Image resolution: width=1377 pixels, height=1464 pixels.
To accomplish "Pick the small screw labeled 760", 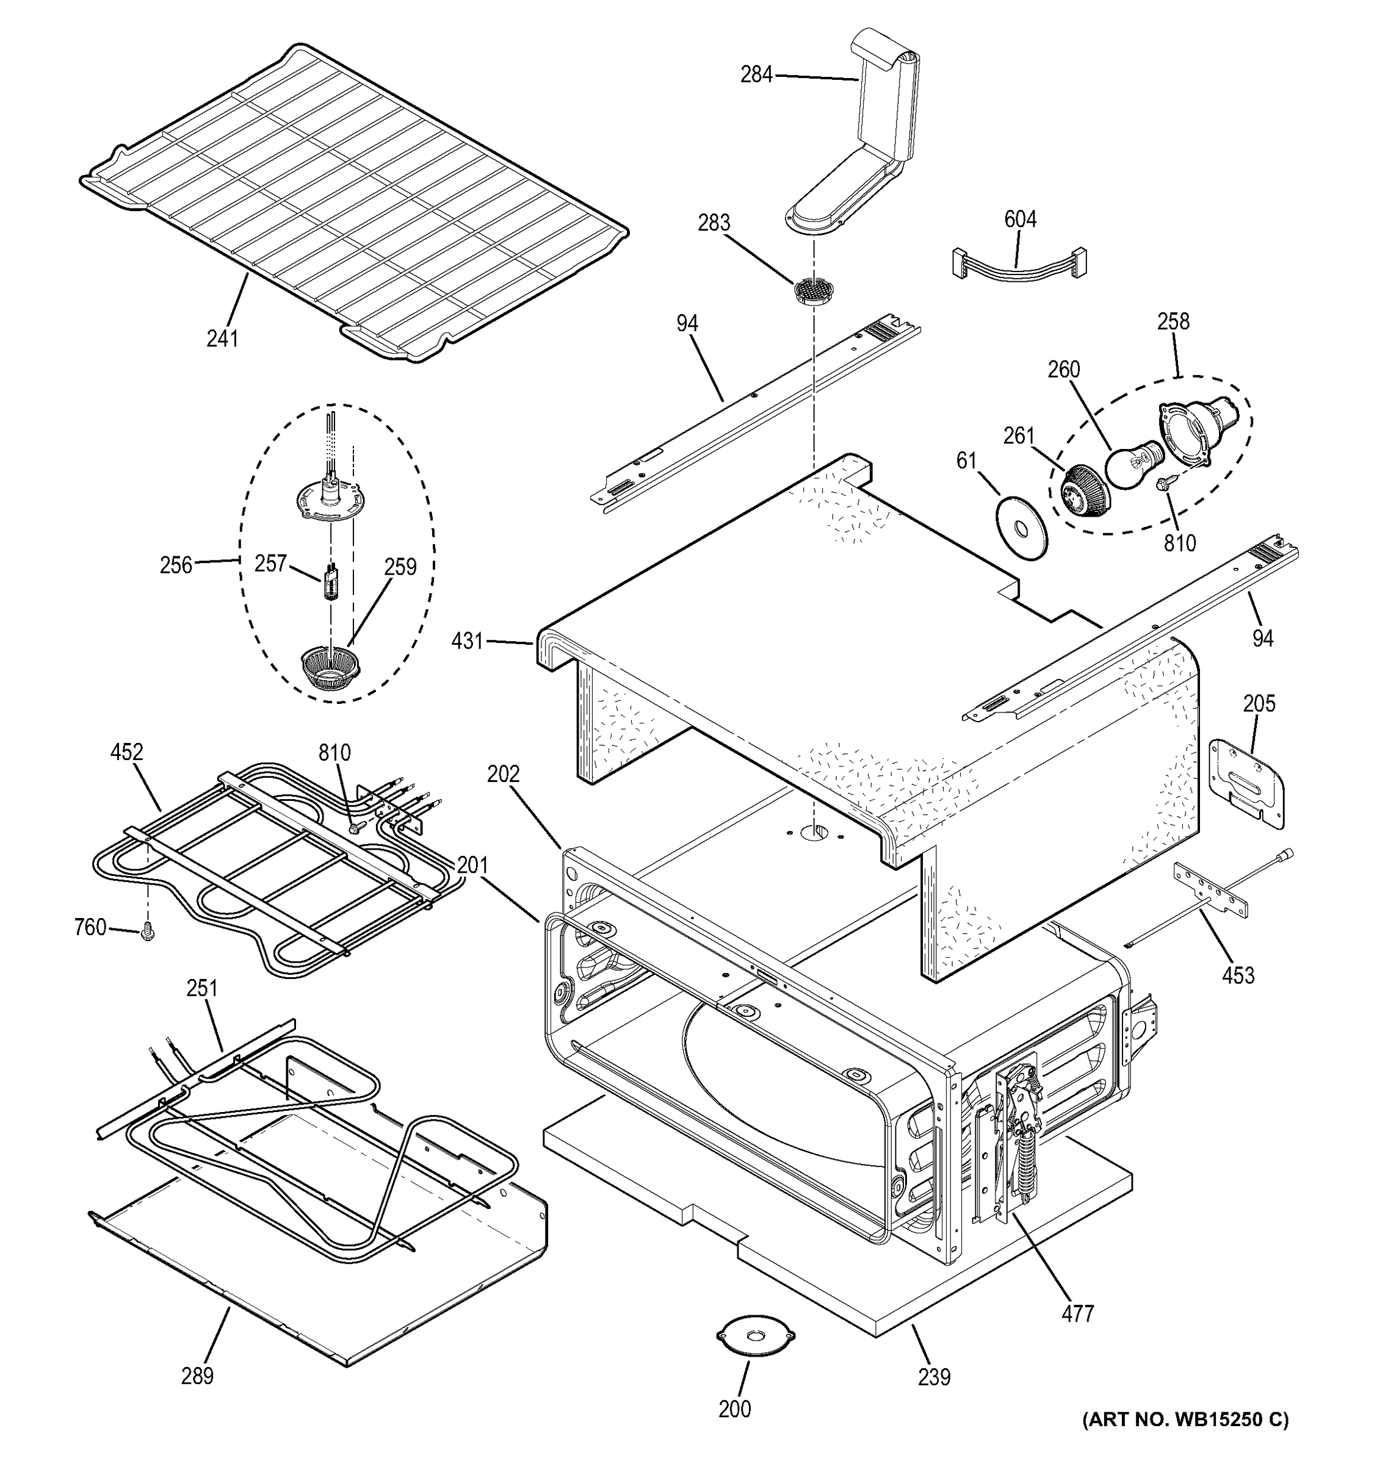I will [x=147, y=934].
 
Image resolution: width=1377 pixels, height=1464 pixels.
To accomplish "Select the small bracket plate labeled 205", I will [x=1249, y=782].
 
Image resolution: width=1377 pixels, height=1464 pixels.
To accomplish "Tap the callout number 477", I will [x=1078, y=1312].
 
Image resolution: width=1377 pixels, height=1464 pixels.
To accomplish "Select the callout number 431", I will [x=466, y=642].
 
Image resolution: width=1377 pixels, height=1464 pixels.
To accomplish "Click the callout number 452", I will [x=127, y=752].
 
